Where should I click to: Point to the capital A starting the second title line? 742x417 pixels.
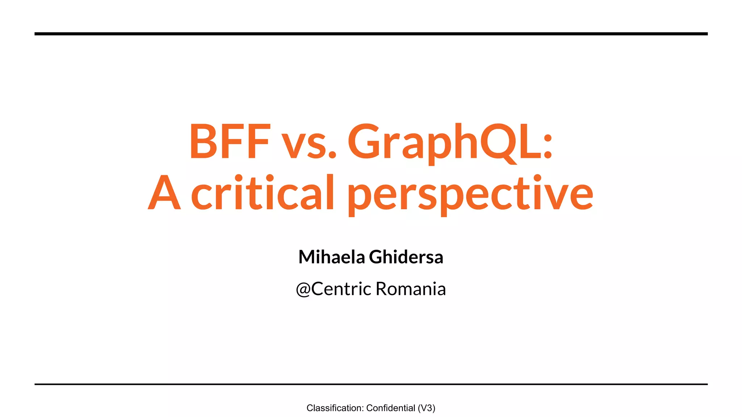(164, 193)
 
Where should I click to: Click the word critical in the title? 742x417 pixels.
(262, 193)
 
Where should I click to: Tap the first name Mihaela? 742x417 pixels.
(332, 257)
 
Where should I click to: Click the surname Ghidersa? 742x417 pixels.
(406, 257)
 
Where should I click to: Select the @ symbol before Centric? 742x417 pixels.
(303, 289)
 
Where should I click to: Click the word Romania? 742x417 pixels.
(410, 289)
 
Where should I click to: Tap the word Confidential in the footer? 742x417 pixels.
(391, 408)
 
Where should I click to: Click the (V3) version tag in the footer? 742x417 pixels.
(426, 408)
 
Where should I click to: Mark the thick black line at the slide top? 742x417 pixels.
(371, 34)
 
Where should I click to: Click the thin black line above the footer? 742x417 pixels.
(371, 384)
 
